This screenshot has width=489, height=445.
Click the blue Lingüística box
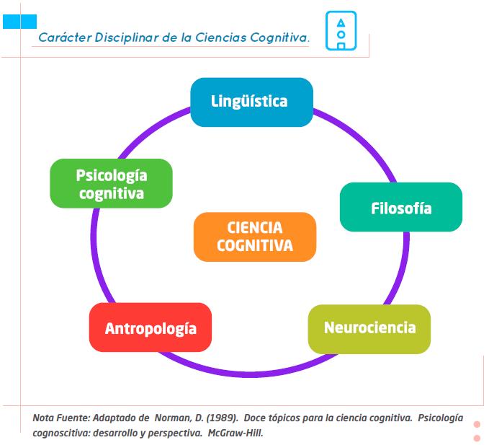(x=251, y=102)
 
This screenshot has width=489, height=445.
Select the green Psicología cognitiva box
(x=111, y=183)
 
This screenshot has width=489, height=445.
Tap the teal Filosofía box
(x=401, y=207)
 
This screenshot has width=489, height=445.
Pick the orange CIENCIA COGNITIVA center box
(x=255, y=237)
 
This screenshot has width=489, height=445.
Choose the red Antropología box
(x=151, y=327)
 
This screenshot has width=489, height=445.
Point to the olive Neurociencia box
(x=369, y=329)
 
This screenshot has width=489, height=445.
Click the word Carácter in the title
(x=66, y=38)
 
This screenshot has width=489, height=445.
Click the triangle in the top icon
(x=341, y=23)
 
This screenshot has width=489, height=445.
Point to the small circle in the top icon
(x=341, y=35)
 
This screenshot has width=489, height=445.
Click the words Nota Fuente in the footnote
(x=61, y=418)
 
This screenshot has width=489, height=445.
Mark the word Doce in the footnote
(x=254, y=418)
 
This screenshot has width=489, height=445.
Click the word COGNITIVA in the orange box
(x=255, y=245)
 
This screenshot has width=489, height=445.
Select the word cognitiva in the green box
(x=112, y=193)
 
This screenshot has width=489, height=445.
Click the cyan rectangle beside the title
(x=19, y=22)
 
